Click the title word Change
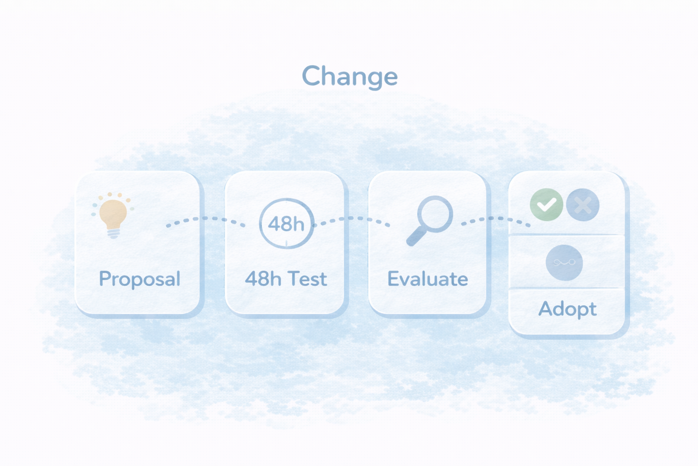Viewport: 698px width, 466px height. click(349, 77)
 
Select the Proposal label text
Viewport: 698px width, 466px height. click(140, 279)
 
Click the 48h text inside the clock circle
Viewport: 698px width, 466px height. click(286, 224)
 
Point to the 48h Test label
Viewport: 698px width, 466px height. click(286, 279)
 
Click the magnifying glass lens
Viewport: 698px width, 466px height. click(435, 214)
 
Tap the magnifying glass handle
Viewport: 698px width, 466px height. click(416, 236)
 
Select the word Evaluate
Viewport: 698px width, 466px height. click(428, 279)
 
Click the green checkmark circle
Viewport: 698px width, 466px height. click(546, 205)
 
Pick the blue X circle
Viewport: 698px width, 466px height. click(583, 205)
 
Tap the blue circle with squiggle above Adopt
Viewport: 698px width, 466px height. click(564, 263)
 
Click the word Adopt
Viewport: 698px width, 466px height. click(568, 309)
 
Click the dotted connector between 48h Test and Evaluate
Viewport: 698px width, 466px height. click(351, 218)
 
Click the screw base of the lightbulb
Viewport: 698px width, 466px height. click(114, 233)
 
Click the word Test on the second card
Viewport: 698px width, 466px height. click(307, 279)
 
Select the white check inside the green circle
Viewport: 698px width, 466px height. click(546, 205)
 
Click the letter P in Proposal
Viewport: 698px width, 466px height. click(105, 278)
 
